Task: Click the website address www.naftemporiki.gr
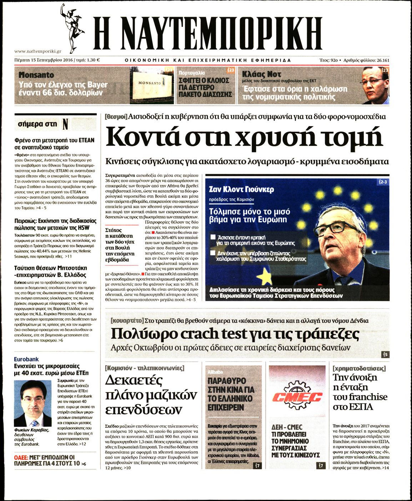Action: click(x=38, y=51)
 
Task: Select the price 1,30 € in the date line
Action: click(x=93, y=60)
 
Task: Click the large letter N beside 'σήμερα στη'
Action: click(x=65, y=124)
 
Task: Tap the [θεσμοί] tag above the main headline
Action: click(x=116, y=116)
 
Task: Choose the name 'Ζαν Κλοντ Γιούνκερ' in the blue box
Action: click(x=241, y=189)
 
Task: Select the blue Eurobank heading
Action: click(x=26, y=359)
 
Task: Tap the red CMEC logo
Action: click(x=297, y=396)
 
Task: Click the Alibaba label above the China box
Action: click(x=215, y=371)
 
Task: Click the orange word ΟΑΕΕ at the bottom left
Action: click(x=21, y=457)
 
